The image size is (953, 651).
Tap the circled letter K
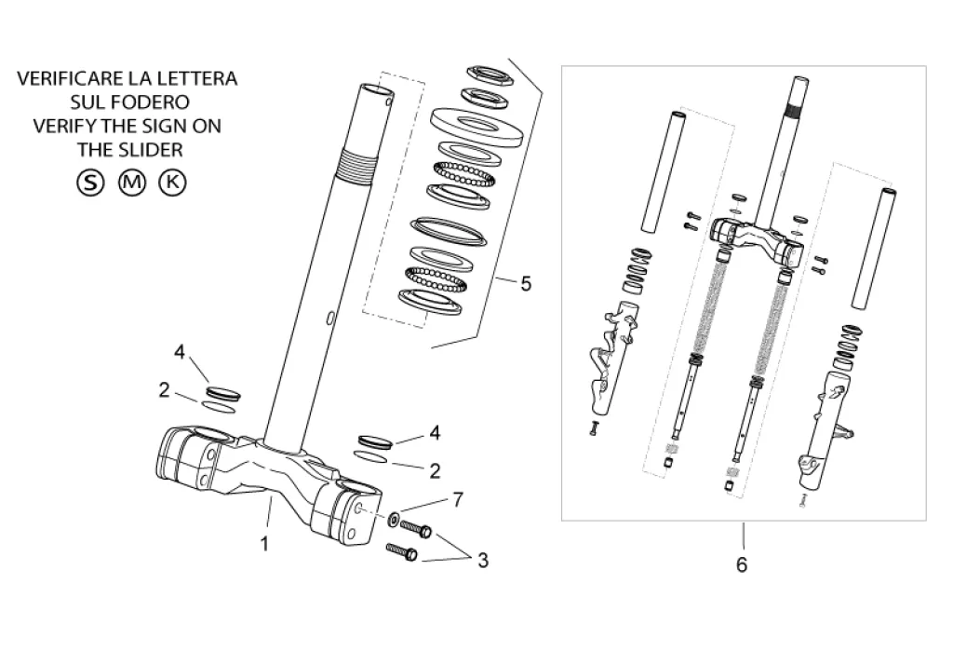[172, 182]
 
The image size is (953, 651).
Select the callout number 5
[526, 284]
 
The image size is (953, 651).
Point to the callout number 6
[742, 564]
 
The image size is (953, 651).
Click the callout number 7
[457, 501]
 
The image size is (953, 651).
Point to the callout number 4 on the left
[180, 352]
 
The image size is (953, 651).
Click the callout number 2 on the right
[434, 471]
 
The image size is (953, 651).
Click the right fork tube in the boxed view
[874, 247]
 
